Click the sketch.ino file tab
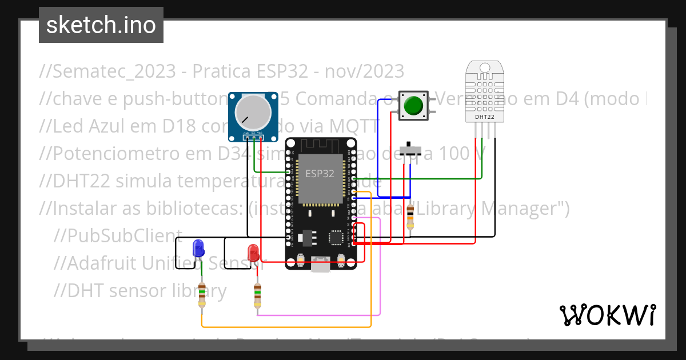tap(101, 25)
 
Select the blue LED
tap(198, 248)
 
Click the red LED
tap(253, 252)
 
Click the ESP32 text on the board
tap(320, 174)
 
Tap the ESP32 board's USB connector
tap(320, 265)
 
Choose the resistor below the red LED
tap(257, 295)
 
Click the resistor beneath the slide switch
tap(409, 217)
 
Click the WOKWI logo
tap(607, 315)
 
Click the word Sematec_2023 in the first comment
tap(119, 71)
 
